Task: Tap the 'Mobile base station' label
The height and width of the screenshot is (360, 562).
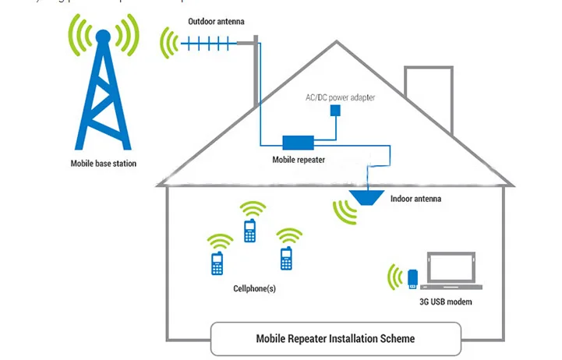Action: (x=103, y=164)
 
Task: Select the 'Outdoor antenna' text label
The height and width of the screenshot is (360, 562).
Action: (x=217, y=21)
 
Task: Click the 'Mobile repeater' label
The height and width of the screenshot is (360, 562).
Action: (x=299, y=160)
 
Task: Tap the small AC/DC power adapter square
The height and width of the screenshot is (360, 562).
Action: (x=335, y=111)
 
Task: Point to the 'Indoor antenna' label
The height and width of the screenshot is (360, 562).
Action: (x=415, y=199)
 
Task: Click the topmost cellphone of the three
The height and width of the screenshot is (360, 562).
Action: (x=250, y=231)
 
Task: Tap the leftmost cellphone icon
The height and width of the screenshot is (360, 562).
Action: (x=217, y=263)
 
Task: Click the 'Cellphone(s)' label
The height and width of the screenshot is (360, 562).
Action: (x=255, y=288)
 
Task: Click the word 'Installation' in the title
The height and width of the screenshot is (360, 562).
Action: (x=362, y=339)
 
